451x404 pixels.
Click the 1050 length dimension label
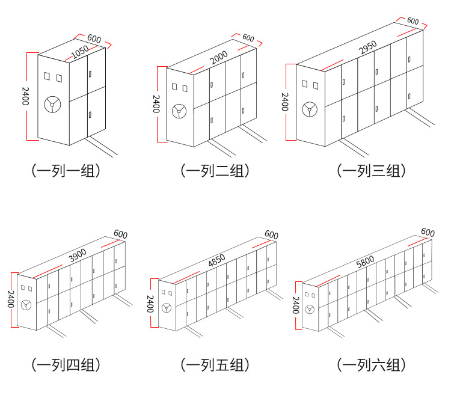pyautogui.click(x=80, y=53)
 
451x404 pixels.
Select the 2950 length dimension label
pyautogui.click(x=368, y=46)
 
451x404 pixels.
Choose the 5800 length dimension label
pyautogui.click(x=365, y=260)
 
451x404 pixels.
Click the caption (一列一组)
pyautogui.click(x=66, y=171)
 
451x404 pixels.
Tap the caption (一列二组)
pyautogui.click(x=215, y=171)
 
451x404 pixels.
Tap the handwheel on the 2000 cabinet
pyautogui.click(x=179, y=112)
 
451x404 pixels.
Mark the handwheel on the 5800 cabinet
pyautogui.click(x=310, y=310)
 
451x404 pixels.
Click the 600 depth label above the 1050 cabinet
pyautogui.click(x=94, y=38)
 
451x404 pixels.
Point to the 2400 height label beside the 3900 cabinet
pyautogui.click(x=10, y=298)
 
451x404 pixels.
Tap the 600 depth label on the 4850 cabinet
pyautogui.click(x=272, y=234)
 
